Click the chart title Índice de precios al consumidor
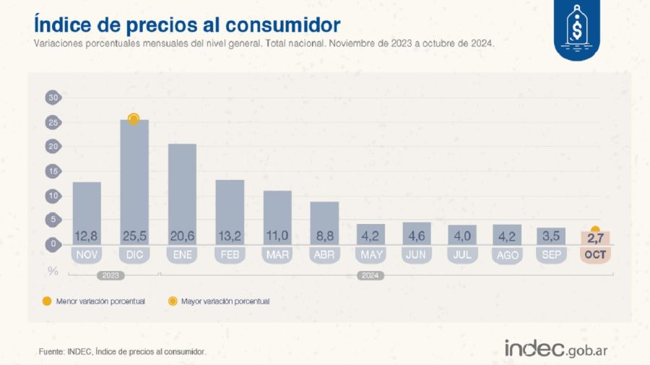[x=186, y=24]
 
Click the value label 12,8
[x=87, y=236]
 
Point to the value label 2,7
[x=595, y=237]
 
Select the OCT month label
[x=595, y=254]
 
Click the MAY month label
[x=371, y=254]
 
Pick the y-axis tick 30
[x=52, y=98]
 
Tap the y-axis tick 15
[x=52, y=171]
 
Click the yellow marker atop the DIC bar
[x=134, y=119]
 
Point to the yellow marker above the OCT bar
[x=595, y=230]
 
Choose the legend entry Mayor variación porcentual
[x=225, y=301]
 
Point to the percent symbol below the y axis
[x=52, y=271]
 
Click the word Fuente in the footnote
[x=51, y=351]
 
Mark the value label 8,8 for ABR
[x=324, y=236]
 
